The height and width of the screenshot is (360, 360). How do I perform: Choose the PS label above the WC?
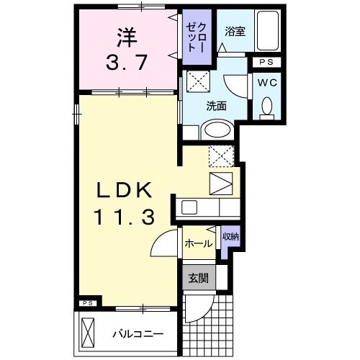coord(266,63)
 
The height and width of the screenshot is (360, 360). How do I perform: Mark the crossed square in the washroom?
coord(197,81)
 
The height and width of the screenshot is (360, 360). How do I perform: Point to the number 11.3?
coord(124,217)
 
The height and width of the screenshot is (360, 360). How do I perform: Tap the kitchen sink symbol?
coord(189,207)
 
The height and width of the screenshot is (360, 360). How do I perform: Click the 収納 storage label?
coord(230,236)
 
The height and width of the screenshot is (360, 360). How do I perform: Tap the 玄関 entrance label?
coord(197,276)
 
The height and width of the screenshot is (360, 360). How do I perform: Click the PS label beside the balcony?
coord(87,303)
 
